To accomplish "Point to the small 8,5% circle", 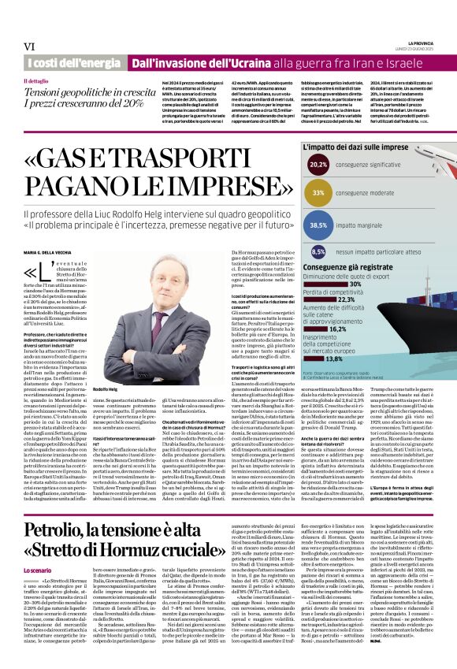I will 319,252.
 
